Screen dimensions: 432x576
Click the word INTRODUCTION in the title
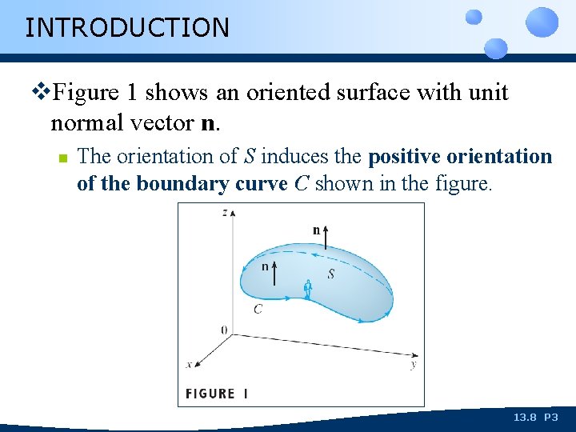[127, 28]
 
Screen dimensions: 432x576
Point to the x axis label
[190, 364]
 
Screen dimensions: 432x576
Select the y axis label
[413, 365]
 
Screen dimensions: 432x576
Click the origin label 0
[223, 330]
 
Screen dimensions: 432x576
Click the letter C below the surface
[258, 309]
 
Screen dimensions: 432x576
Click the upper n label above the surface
[316, 230]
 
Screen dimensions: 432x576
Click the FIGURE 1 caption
[217, 394]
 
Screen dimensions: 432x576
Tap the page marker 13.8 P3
[535, 418]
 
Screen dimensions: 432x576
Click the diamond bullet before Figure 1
[43, 93]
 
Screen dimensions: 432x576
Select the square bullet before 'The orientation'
[61, 158]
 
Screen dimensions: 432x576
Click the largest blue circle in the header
[542, 22]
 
